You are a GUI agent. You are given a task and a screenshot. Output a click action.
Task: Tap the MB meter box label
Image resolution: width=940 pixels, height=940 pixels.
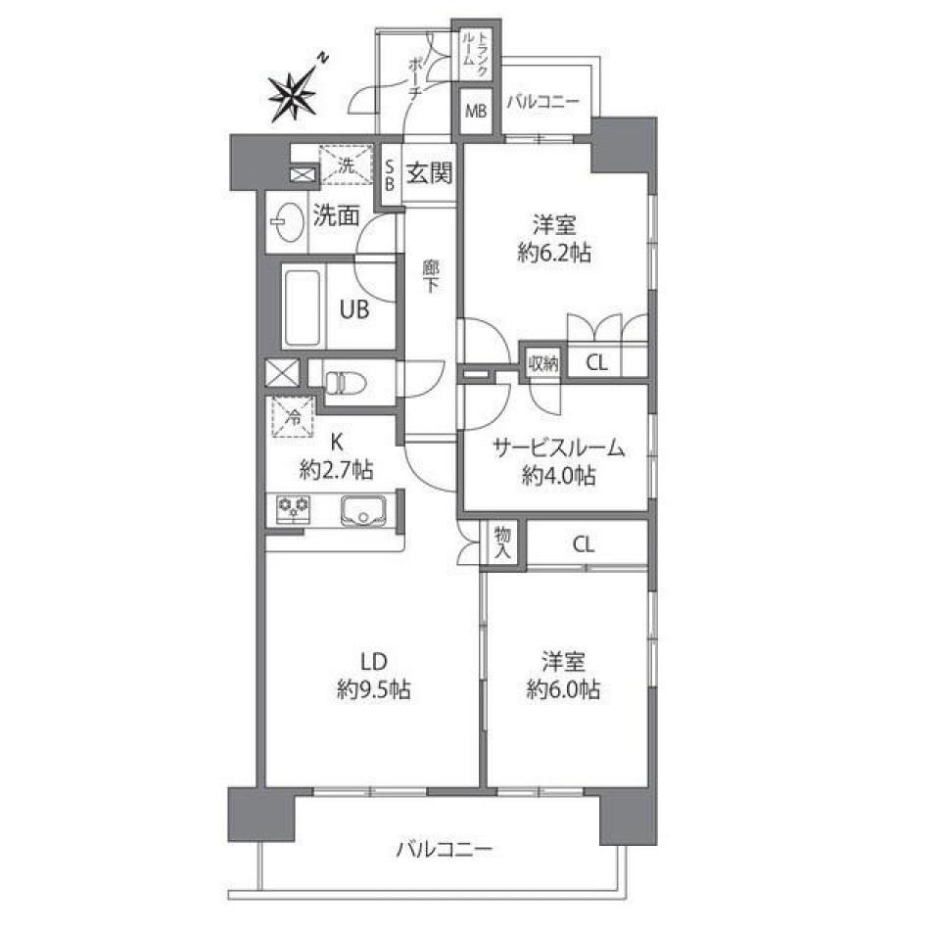point(476,111)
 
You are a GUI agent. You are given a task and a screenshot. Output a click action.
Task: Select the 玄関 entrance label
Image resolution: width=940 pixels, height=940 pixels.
point(429,174)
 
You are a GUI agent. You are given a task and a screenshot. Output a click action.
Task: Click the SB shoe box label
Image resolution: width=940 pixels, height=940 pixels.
point(390,176)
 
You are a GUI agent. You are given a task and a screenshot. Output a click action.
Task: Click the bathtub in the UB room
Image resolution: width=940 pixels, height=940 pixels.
point(305,307)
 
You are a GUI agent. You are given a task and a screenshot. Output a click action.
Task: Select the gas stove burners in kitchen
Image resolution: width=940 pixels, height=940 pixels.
point(293,509)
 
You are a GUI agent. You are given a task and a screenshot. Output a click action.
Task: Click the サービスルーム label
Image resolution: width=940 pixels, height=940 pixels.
point(558,449)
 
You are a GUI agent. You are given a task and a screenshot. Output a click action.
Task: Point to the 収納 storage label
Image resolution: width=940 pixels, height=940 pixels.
point(542,363)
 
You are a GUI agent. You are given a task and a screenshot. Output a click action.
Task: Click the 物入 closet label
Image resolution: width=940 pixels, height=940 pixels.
point(502,542)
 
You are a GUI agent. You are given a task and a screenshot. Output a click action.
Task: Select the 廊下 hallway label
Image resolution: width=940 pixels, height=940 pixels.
point(430,276)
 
